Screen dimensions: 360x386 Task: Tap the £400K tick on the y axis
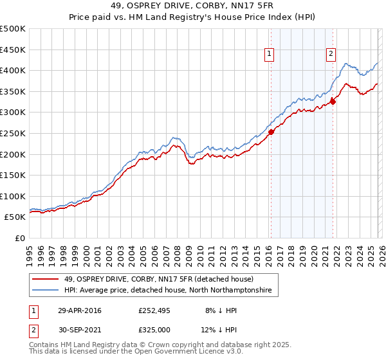[13, 71]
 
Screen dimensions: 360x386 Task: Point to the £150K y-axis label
[13, 175]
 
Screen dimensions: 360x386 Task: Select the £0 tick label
[19, 238]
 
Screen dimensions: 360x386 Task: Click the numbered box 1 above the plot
[268, 54]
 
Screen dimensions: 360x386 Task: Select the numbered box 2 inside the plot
[331, 54]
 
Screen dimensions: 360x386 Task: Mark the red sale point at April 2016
[271, 132]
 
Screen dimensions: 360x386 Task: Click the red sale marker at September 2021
[333, 102]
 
